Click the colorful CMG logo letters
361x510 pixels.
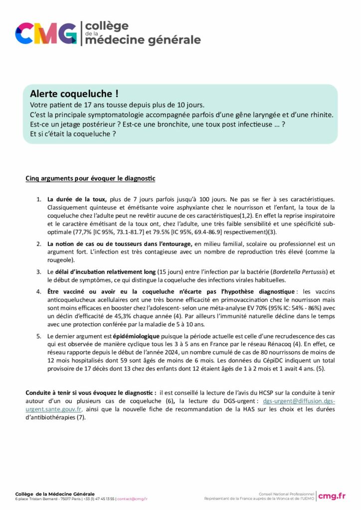(45, 33)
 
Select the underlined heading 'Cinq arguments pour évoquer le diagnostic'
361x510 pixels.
(90, 178)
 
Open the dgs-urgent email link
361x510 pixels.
(299, 401)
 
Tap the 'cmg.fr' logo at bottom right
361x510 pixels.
(332, 495)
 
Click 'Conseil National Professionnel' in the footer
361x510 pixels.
(286, 493)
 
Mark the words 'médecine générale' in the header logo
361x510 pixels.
(143, 40)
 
